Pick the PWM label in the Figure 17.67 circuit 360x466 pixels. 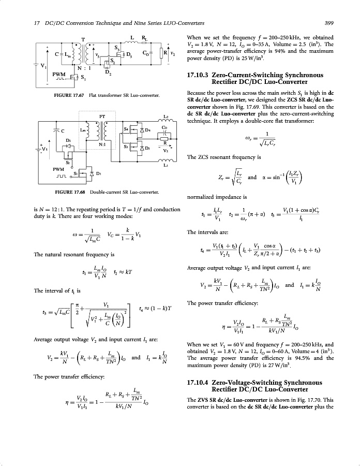click(59, 75)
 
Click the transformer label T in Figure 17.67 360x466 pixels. click(83, 39)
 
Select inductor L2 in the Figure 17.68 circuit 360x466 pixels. click(166, 122)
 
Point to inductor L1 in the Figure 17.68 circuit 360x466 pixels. click(166, 162)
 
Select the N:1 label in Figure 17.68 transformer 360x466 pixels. click(102, 144)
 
